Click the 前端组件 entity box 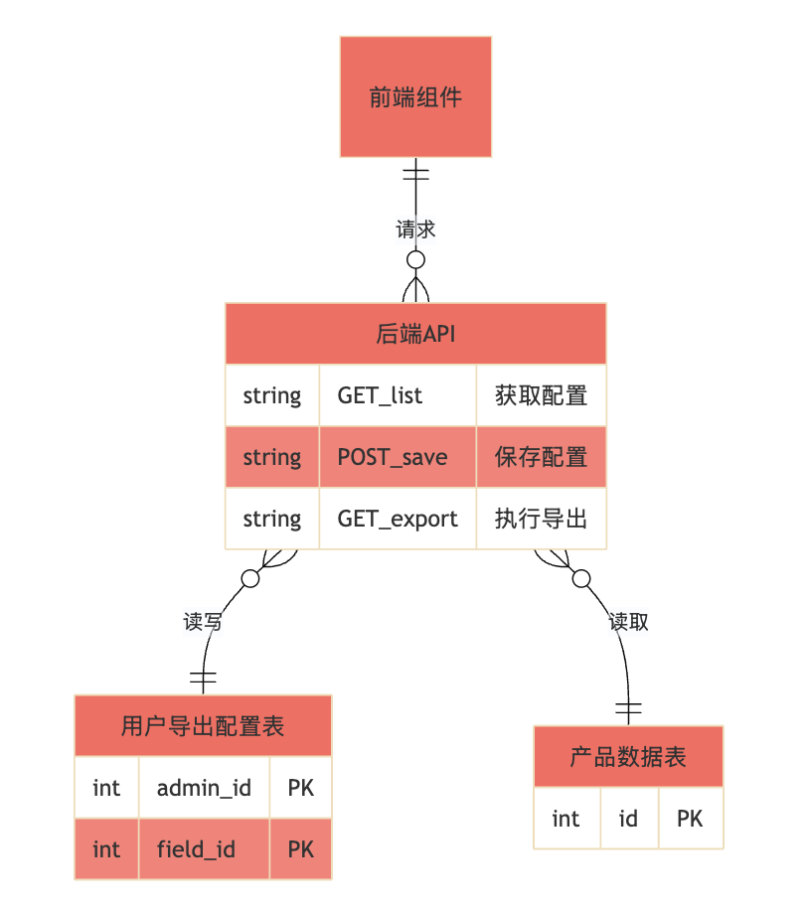(x=415, y=97)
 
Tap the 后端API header (x=415, y=334)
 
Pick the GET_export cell (x=398, y=519)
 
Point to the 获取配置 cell (x=541, y=395)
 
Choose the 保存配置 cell (x=541, y=457)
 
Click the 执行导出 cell (x=541, y=519)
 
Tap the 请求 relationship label (x=415, y=229)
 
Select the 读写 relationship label (x=203, y=622)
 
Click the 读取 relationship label (x=628, y=622)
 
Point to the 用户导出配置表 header (x=203, y=726)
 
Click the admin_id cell (x=204, y=788)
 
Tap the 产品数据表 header (x=628, y=757)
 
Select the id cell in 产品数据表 (x=628, y=819)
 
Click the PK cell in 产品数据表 (x=690, y=819)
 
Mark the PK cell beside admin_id (x=300, y=788)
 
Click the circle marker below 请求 (x=415, y=259)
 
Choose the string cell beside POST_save (x=271, y=457)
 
